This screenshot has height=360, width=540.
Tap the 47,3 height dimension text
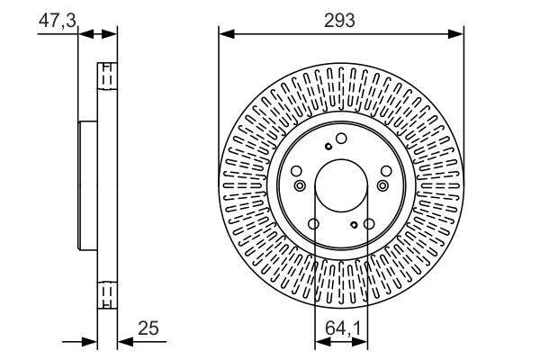tap(56, 19)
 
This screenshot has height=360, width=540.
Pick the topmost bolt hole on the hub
tap(341, 139)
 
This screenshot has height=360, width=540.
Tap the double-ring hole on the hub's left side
tap(300, 185)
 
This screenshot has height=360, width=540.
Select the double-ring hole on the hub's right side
tap(383, 185)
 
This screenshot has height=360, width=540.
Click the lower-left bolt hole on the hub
tap(313, 225)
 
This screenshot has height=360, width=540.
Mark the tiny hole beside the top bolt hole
tap(329, 147)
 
